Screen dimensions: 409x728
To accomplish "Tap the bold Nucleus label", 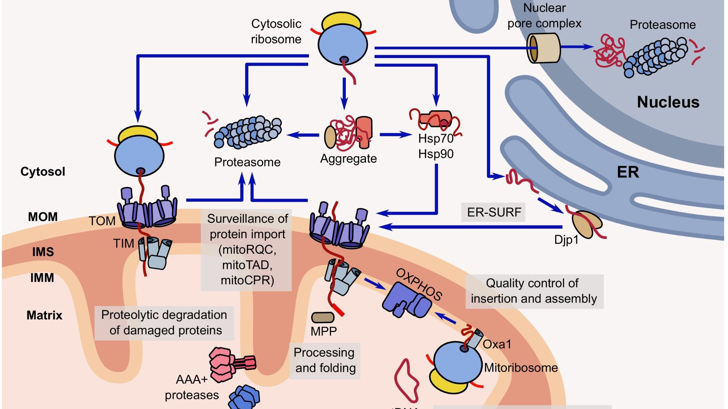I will coord(668,102).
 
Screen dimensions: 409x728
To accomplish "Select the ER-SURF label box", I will coord(494,212).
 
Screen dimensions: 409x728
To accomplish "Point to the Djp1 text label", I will coord(566,240).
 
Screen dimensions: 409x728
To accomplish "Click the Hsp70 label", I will coord(436,139).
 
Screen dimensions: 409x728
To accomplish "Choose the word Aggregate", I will coord(348,158).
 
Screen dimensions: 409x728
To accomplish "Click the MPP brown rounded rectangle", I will coord(323,317).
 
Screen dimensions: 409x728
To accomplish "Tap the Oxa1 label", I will coord(497,344).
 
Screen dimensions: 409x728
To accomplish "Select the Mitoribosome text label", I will coord(521,368).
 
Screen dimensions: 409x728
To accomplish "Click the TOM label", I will coord(102,221).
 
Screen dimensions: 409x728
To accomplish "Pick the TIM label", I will coord(124,244).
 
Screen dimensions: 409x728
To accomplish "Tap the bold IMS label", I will coord(43,252).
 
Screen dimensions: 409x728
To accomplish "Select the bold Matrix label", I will coord(44,315).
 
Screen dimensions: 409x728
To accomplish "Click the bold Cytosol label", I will coord(43,172).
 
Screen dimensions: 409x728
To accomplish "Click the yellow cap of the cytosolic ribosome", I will coord(342,22).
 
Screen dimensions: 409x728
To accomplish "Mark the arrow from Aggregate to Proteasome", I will coord(303,135).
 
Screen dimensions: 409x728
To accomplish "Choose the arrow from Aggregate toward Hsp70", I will coord(395,134).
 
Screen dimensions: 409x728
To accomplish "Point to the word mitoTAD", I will coord(247,265).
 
